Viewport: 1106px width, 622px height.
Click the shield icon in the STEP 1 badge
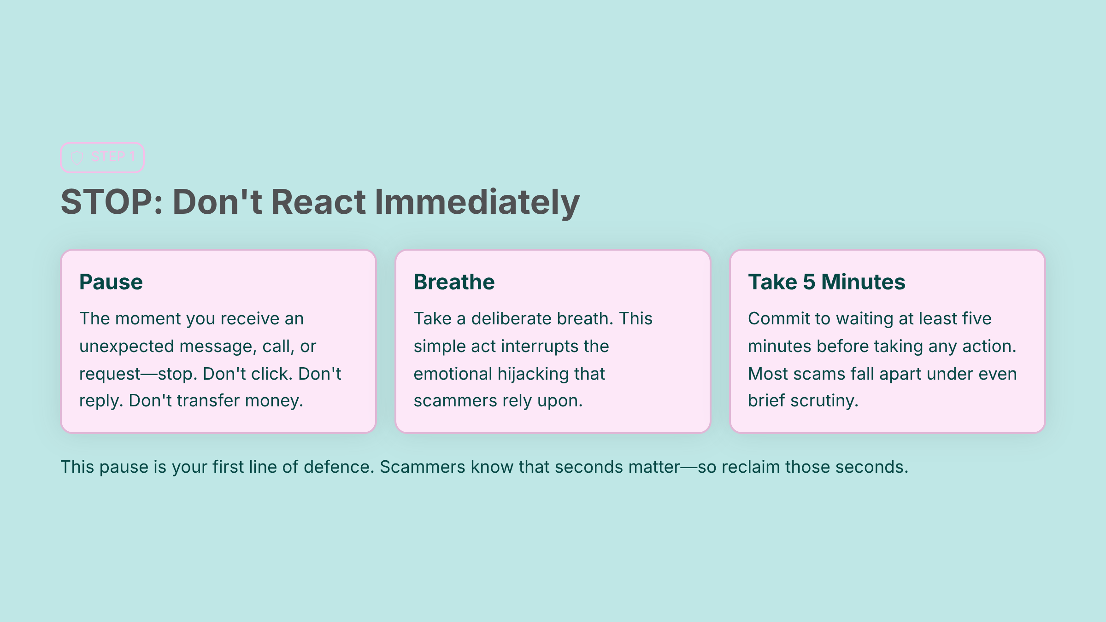pos(77,158)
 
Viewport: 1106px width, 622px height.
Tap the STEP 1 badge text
pos(113,157)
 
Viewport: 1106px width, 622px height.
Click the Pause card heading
pos(111,282)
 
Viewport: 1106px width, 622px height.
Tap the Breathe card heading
pos(454,282)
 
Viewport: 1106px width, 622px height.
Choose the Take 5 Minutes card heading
pos(827,282)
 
